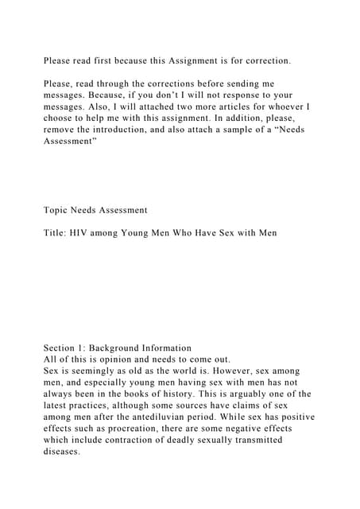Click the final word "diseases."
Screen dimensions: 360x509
[x=62, y=451]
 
